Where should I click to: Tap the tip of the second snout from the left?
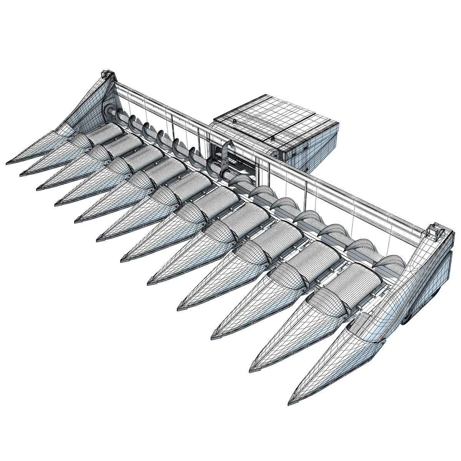(22, 175)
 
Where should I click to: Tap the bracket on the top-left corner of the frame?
(106, 75)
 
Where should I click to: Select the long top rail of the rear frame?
(269, 154)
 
